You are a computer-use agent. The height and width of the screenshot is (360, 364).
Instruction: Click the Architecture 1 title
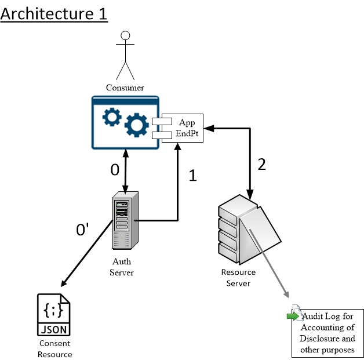pos(54,13)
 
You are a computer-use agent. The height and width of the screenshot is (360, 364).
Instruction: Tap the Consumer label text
pos(125,88)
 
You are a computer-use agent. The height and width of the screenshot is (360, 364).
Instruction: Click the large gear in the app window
pos(137,124)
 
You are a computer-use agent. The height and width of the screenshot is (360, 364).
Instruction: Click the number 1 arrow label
pos(193,176)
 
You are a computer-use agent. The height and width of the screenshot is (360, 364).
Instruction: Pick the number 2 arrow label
pos(261,164)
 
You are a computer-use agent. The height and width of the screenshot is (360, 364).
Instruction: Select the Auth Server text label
pos(122,267)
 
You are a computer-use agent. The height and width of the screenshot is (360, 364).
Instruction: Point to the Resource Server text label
pos(238,277)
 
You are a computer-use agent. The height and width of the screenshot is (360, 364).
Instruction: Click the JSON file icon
pos(54,315)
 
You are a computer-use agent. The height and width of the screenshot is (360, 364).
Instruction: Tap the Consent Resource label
pos(54,349)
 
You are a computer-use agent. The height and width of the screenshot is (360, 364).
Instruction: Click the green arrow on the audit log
pos(293,316)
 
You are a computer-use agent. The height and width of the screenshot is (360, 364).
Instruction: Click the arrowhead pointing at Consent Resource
pos(63,283)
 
